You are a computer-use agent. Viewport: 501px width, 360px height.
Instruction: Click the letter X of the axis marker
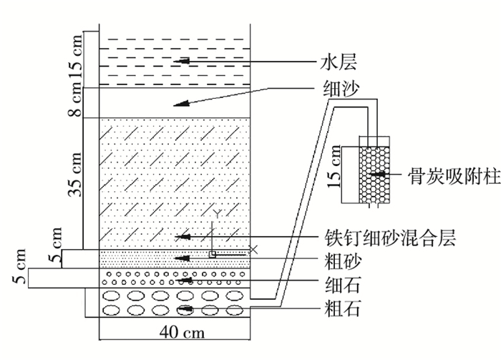pos(253,249)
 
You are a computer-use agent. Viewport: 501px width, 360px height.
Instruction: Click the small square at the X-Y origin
pos(213,254)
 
